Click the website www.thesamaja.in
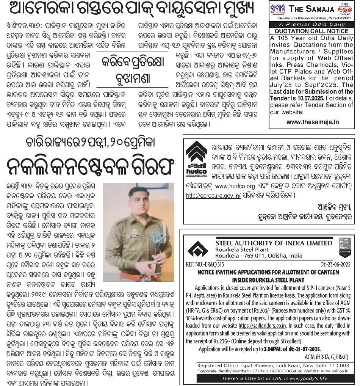click(x=313, y=122)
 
